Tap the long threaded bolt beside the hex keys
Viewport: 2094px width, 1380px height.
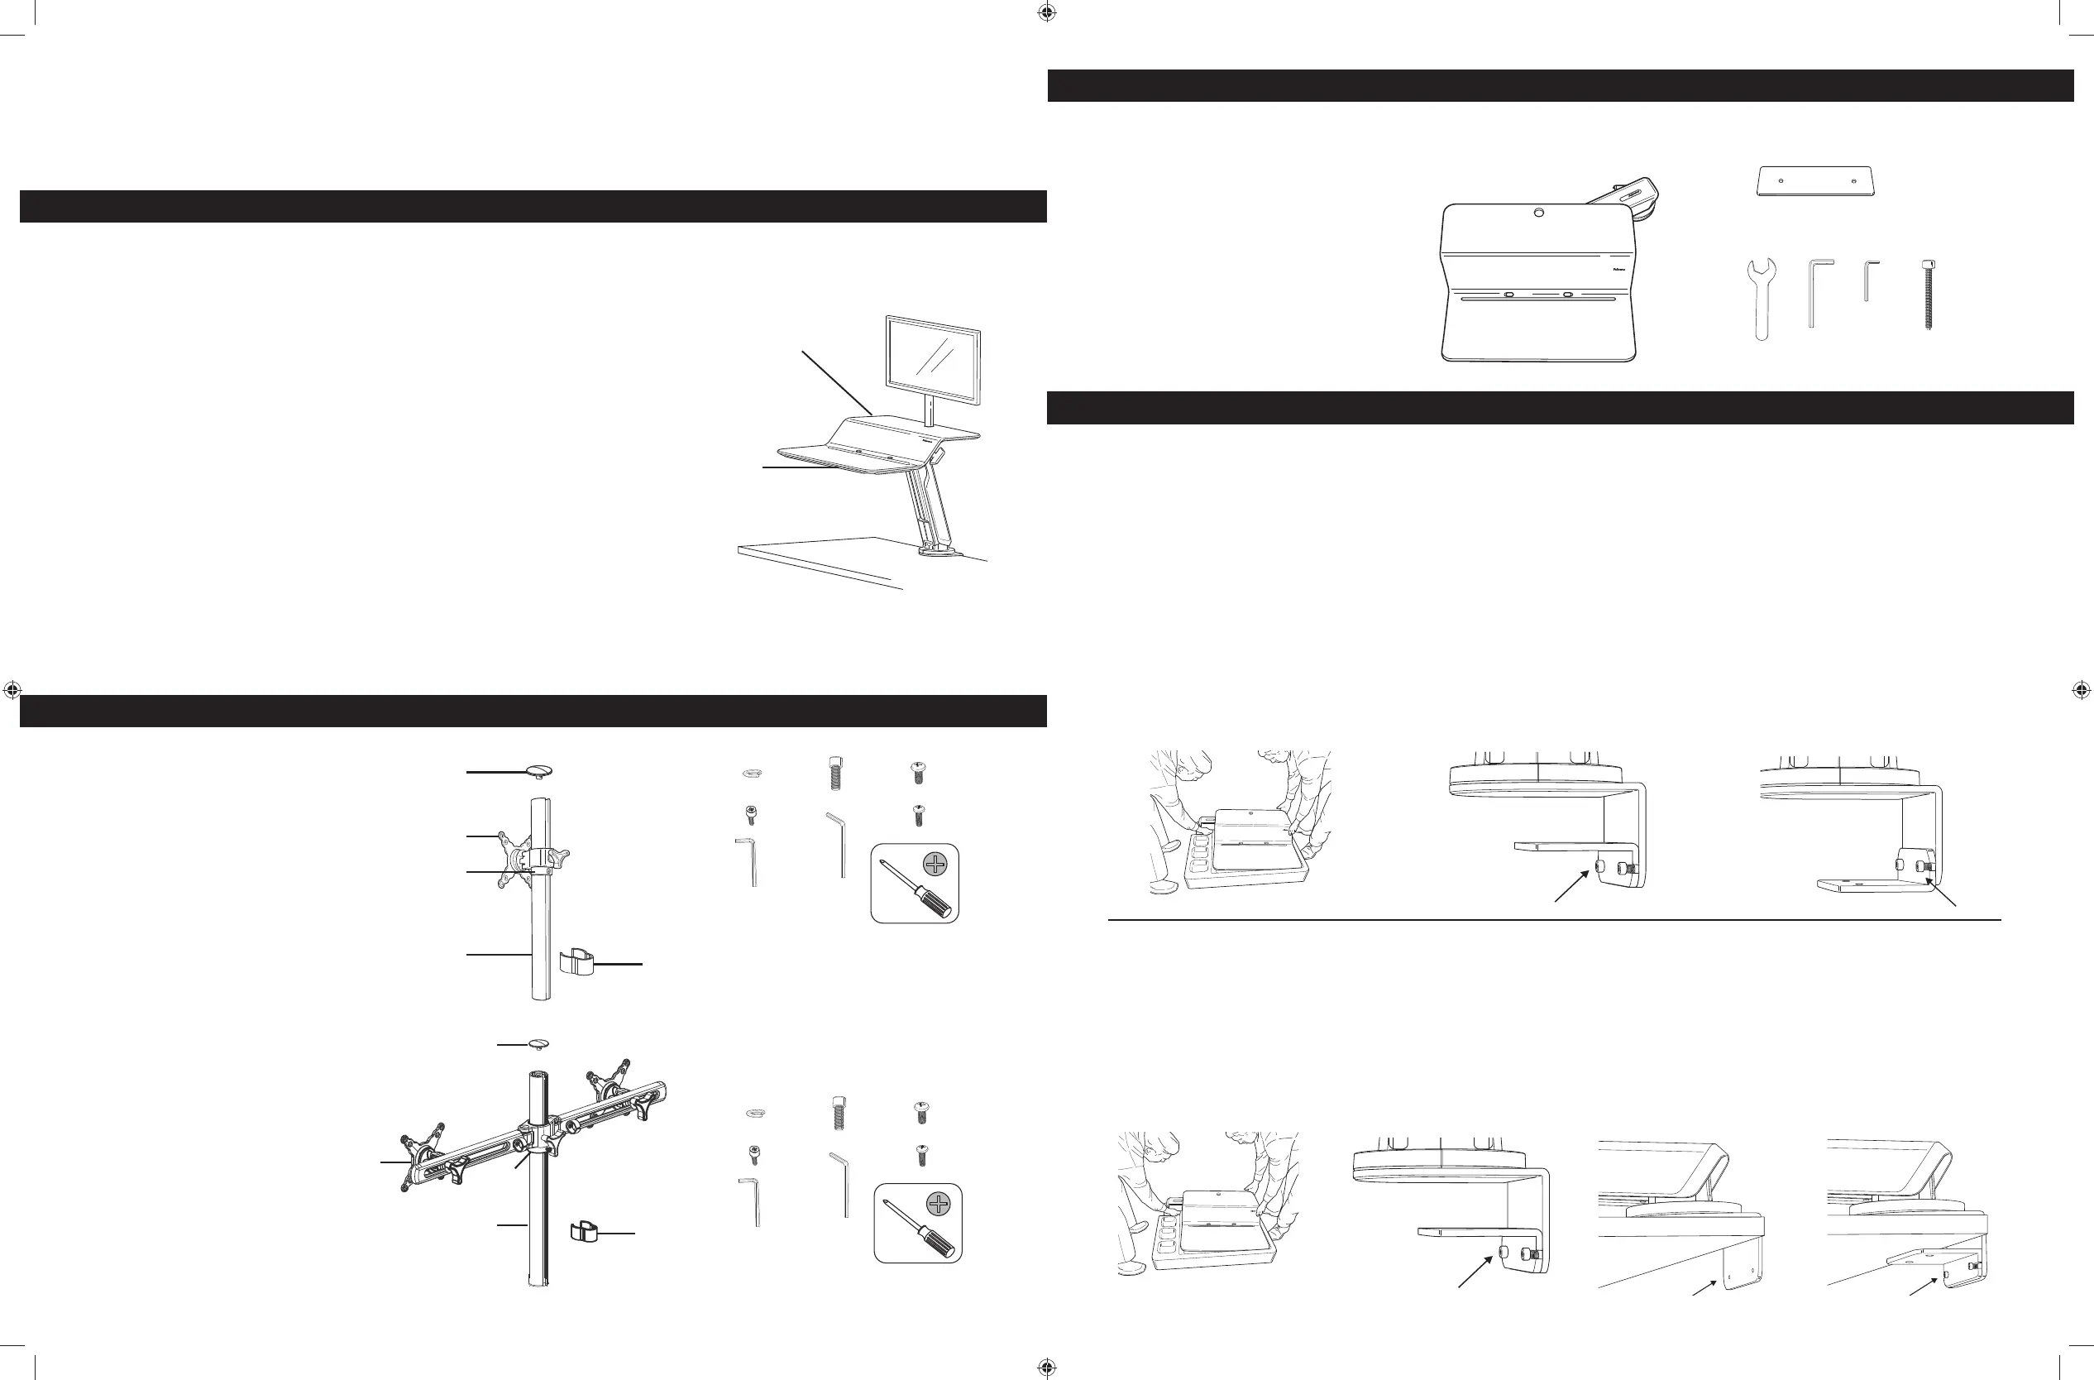pos(1928,294)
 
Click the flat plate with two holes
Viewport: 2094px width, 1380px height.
pos(1815,181)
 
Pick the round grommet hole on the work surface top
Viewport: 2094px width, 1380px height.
pos(1538,213)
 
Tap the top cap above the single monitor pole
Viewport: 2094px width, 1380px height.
pos(538,771)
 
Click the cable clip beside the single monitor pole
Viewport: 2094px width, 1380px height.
pos(576,963)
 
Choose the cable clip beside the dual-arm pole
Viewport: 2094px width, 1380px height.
pos(583,1229)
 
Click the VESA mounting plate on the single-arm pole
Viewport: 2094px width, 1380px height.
pos(512,858)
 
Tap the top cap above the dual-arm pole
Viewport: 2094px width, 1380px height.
pos(538,1044)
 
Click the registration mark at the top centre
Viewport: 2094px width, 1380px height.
pos(1046,12)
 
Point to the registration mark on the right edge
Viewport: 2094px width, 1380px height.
pos(2081,691)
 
